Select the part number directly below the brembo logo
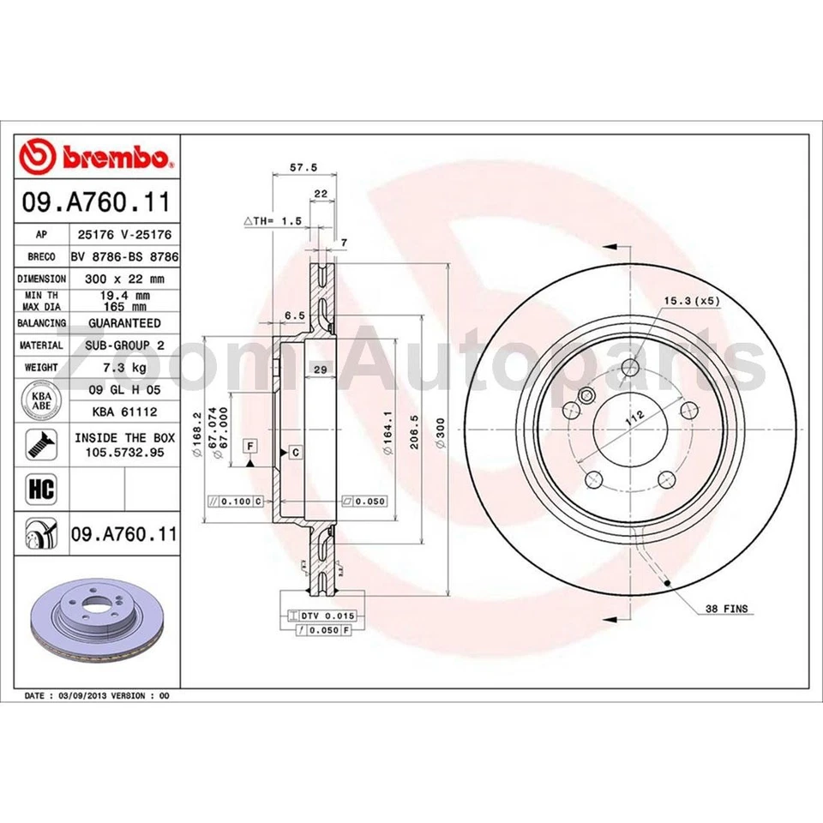(x=97, y=204)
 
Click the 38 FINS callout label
(x=725, y=609)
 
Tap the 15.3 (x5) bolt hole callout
(x=692, y=301)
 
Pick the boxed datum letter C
(x=295, y=451)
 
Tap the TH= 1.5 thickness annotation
(x=274, y=221)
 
